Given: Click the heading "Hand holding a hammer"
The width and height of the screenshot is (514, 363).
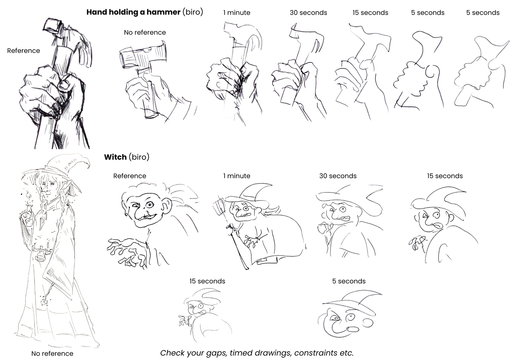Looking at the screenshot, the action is (133, 12).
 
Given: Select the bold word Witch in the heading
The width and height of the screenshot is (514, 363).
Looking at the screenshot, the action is (115, 157).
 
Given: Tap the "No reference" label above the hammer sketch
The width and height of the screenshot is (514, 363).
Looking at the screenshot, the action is (145, 32).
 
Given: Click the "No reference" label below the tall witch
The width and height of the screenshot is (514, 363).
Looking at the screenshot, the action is (52, 353).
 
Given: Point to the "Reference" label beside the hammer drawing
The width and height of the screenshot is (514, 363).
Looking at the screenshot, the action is (24, 51).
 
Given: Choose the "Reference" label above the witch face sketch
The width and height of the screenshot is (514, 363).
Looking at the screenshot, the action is (130, 176).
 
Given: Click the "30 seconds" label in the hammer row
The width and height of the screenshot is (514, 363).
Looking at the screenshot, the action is (308, 13).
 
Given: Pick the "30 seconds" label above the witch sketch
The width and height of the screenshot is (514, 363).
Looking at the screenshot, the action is (338, 176).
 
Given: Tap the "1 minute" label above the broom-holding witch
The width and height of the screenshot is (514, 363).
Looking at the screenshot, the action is (237, 176).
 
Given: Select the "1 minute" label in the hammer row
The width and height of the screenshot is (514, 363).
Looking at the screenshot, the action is (237, 13).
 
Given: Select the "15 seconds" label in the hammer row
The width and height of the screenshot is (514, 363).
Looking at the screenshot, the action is (370, 13).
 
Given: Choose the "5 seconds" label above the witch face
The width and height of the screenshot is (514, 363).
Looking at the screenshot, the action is (349, 281).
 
